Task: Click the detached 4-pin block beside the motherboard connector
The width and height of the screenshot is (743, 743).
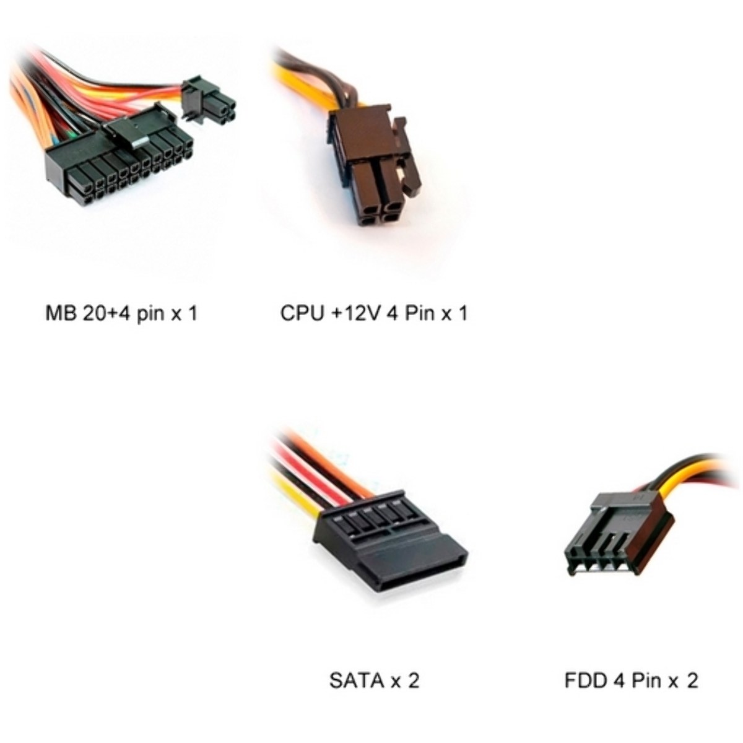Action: [208, 100]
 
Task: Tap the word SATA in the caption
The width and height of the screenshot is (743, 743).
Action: [356, 681]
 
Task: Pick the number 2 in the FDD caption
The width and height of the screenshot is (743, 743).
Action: [692, 681]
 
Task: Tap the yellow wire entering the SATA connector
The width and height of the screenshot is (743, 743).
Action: [297, 490]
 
